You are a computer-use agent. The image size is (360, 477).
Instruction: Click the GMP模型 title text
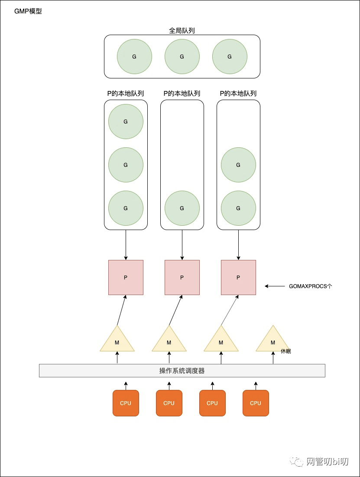(x=28, y=11)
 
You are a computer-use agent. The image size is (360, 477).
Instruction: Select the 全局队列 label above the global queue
(x=182, y=31)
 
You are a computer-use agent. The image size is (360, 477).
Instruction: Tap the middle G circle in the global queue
(x=182, y=57)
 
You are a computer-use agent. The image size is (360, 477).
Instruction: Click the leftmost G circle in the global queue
(x=134, y=57)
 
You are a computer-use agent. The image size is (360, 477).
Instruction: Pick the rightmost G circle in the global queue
(x=230, y=57)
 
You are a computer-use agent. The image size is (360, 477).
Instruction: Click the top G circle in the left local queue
(x=126, y=122)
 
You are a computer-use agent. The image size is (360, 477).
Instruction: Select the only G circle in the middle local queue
(x=182, y=208)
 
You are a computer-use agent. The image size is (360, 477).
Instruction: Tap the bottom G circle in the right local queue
(x=238, y=208)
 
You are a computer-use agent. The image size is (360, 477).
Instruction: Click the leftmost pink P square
(x=126, y=278)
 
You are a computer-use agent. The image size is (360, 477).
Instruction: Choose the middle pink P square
(x=182, y=278)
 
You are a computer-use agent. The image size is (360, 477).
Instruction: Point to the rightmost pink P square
(x=238, y=278)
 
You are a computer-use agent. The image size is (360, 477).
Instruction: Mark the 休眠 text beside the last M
(x=286, y=351)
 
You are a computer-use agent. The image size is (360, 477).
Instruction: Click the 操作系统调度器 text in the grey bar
(x=182, y=371)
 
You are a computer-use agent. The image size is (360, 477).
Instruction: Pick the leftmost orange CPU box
(x=126, y=403)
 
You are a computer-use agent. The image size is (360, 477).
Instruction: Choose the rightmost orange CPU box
(x=256, y=403)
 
